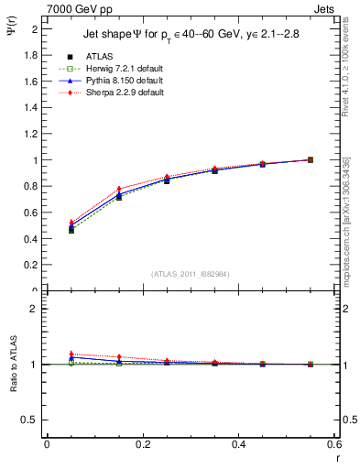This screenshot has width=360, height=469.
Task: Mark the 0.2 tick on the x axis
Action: (142, 444)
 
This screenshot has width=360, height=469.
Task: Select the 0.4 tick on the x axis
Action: (238, 444)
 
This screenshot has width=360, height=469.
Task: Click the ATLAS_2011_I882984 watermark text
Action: (190, 273)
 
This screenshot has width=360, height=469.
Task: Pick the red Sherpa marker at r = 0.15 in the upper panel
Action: (119, 189)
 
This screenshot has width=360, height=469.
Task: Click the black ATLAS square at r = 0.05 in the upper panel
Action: (71, 230)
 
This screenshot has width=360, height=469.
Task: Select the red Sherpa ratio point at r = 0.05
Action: (71, 354)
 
